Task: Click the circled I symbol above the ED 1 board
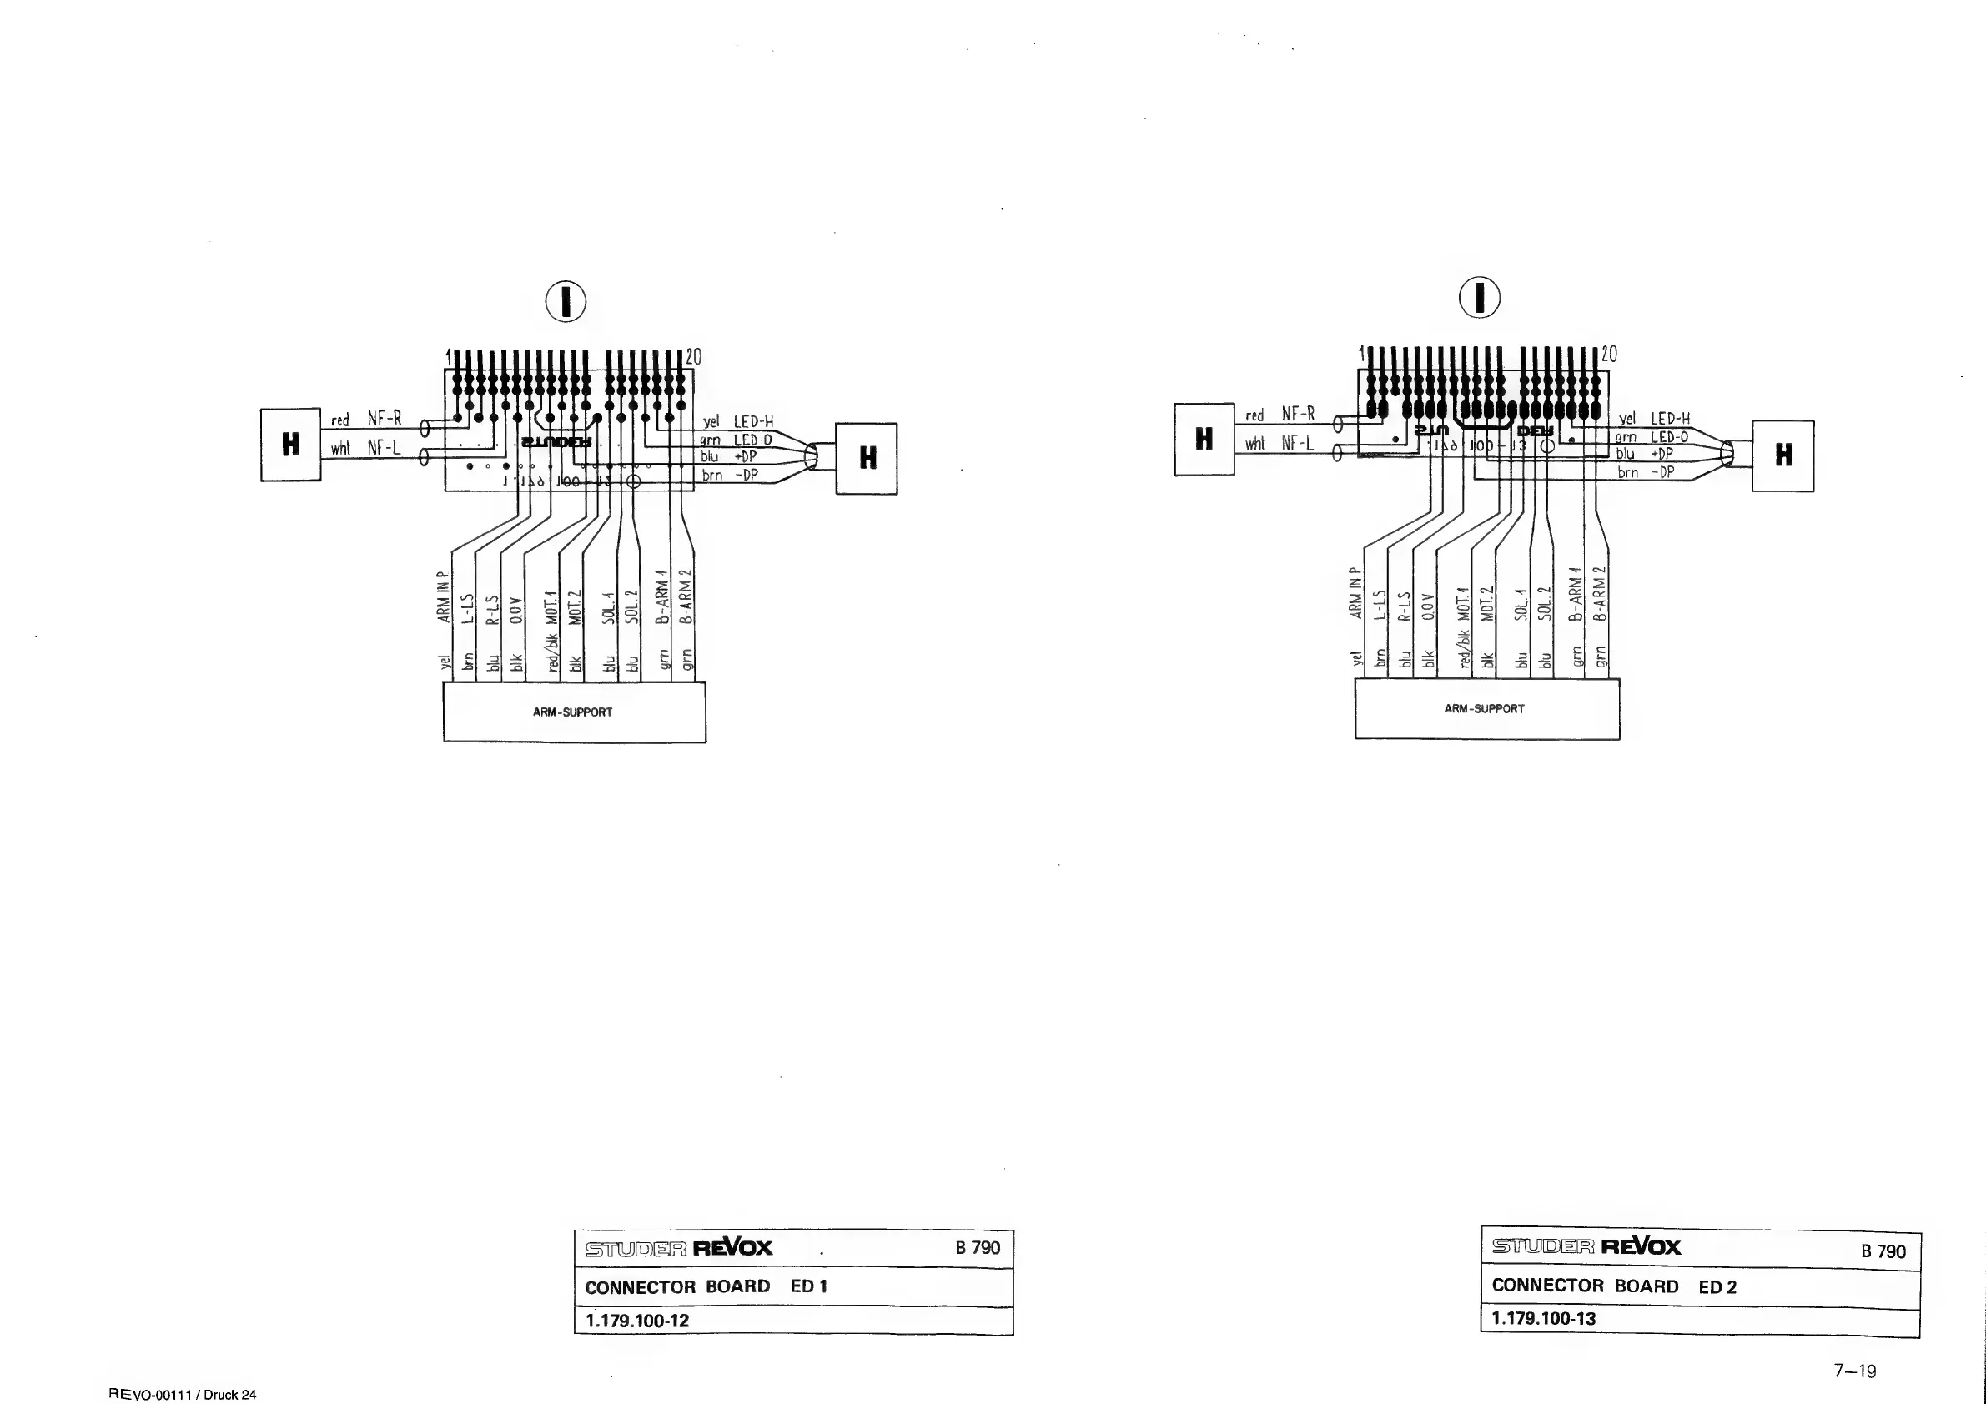[566, 302]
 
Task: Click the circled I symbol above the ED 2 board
[1479, 298]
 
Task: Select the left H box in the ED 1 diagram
[290, 445]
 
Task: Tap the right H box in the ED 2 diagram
[1782, 455]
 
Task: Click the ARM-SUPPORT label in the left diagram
[573, 712]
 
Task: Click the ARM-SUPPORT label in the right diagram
[1485, 708]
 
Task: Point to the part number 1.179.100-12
[637, 1321]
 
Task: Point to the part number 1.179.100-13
[1544, 1319]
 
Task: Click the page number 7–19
[1854, 1371]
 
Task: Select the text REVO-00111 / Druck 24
[183, 1395]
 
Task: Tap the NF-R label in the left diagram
[385, 419]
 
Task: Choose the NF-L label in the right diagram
[1298, 444]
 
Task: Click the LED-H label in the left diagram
[753, 422]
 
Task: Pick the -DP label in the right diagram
[1662, 472]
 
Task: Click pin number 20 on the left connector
[694, 357]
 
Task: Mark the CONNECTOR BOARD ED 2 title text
[1614, 1286]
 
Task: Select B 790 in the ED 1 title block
[978, 1247]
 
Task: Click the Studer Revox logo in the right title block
[1586, 1246]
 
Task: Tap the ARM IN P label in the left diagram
[444, 597]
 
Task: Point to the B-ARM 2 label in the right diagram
[1599, 594]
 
